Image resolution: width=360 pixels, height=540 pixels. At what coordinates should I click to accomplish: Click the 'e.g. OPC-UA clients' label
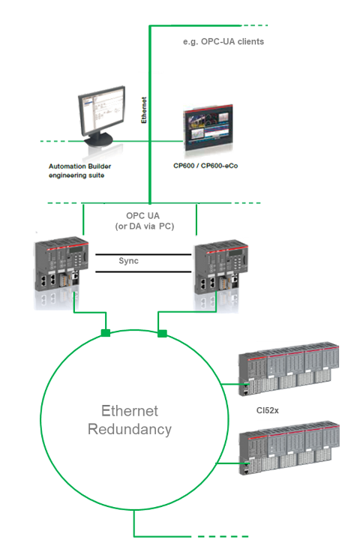223,42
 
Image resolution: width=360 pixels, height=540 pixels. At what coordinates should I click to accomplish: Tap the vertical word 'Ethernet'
144,109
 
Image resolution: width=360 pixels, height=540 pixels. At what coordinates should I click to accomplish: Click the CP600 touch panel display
208,127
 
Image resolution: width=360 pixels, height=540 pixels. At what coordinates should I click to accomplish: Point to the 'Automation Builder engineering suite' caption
79,171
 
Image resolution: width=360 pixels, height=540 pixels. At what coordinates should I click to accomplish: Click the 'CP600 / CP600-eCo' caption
205,166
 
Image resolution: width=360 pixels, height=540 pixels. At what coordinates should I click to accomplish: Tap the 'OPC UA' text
142,216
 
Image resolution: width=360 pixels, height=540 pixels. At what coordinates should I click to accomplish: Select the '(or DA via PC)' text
145,226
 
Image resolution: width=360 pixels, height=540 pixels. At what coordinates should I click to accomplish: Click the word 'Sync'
128,261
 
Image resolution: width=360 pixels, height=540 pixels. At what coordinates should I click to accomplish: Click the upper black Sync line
143,254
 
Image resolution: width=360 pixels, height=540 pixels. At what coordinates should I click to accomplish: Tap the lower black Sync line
143,271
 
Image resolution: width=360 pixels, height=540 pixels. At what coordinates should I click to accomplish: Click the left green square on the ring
106,333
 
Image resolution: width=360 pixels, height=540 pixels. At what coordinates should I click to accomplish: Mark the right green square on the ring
162,333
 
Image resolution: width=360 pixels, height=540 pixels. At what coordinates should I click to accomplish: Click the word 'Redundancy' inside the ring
130,430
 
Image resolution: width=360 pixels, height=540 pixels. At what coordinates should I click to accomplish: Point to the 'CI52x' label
267,410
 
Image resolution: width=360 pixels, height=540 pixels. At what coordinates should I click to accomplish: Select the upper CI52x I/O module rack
289,369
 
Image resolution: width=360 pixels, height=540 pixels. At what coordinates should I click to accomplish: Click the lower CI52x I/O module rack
289,448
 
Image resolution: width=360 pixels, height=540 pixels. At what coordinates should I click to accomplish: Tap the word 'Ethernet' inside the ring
130,411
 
